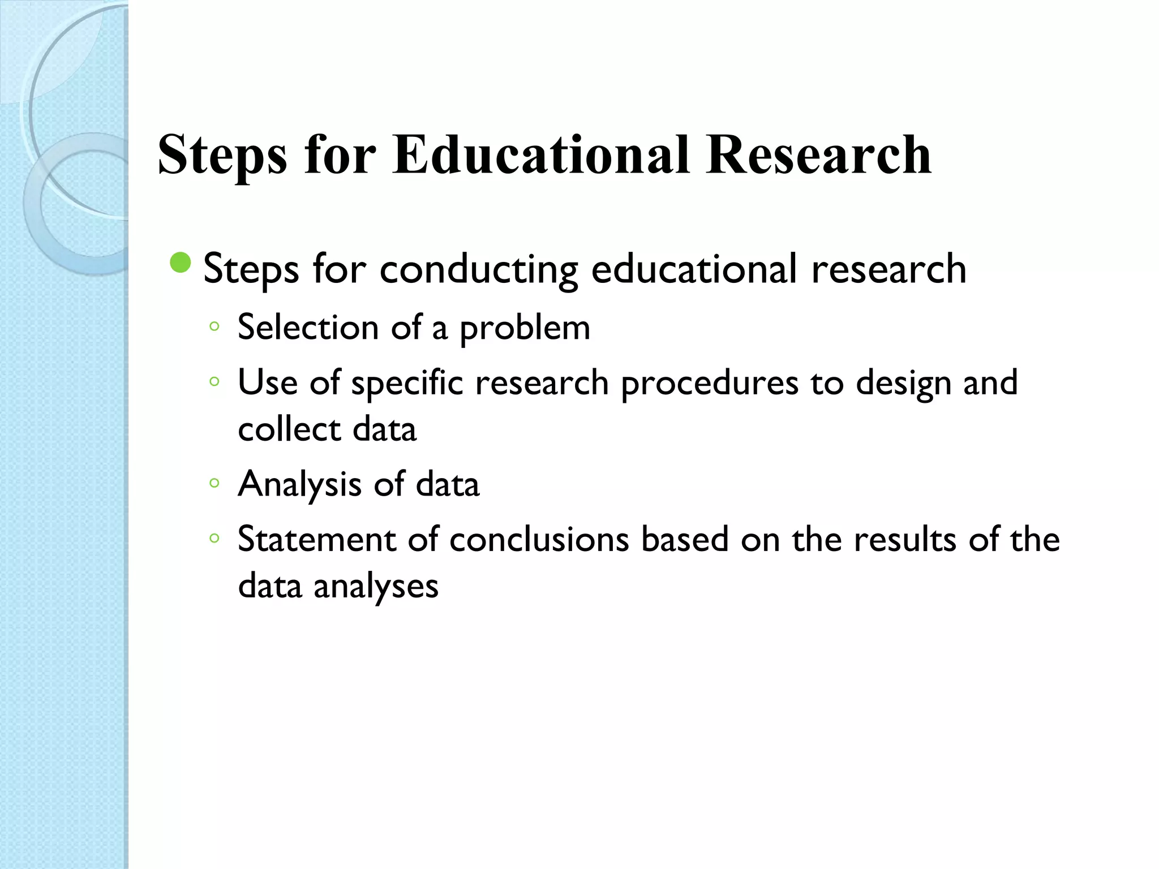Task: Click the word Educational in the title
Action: click(541, 155)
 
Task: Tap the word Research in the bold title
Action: click(818, 155)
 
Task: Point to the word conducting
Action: click(479, 270)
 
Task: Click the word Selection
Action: click(308, 328)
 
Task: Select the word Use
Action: click(267, 383)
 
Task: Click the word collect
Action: click(288, 429)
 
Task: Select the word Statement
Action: click(316, 539)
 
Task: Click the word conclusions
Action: click(539, 540)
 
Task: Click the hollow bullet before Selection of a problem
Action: click(214, 326)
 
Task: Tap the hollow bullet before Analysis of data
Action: click(214, 483)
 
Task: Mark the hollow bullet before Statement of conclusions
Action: click(214, 538)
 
